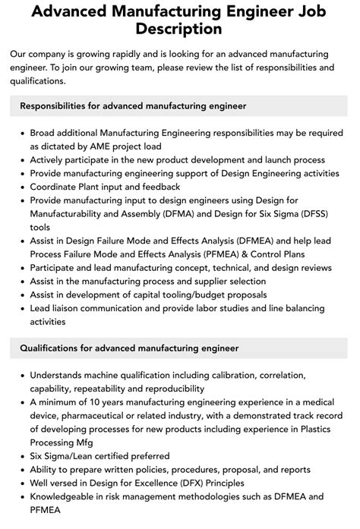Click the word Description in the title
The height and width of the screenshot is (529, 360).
click(180, 29)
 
